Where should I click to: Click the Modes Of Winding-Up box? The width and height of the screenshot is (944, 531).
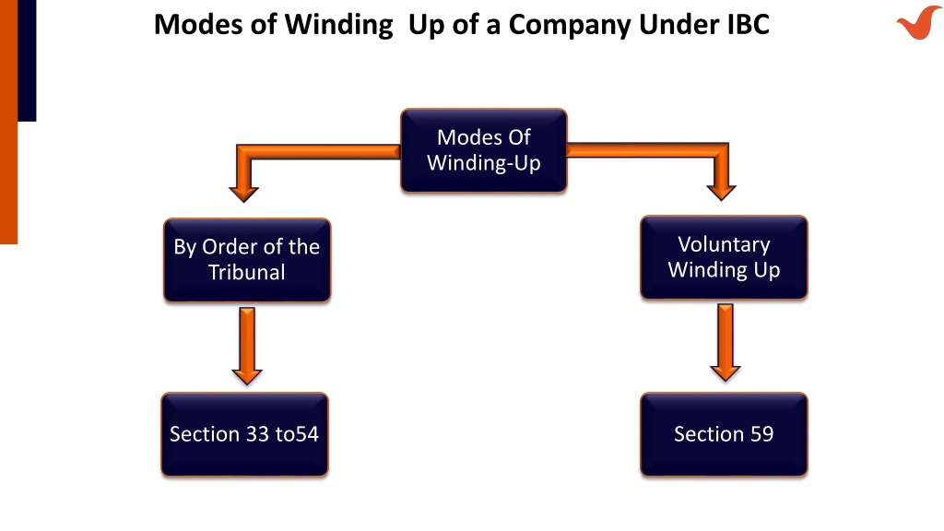click(x=484, y=150)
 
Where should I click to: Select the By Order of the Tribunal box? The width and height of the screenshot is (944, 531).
click(x=247, y=260)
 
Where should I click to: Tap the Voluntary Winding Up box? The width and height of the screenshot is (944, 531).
click(x=724, y=258)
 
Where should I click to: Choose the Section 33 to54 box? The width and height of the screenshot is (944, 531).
click(x=244, y=435)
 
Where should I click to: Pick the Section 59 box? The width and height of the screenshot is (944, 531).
click(x=724, y=435)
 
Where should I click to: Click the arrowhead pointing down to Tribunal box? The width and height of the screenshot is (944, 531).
click(x=243, y=194)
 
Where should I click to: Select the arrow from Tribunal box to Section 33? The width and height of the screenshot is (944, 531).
click(x=247, y=347)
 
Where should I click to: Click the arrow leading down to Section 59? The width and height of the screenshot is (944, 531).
click(x=726, y=343)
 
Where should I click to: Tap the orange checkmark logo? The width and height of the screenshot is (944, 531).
click(x=919, y=22)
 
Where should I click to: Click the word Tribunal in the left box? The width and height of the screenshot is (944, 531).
click(x=247, y=272)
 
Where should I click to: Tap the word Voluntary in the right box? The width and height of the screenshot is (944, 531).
click(x=724, y=245)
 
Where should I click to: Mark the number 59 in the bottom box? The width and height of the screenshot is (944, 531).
click(x=762, y=434)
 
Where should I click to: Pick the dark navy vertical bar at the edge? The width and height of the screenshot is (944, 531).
click(x=27, y=60)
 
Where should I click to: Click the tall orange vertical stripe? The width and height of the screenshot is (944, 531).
click(x=8, y=122)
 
